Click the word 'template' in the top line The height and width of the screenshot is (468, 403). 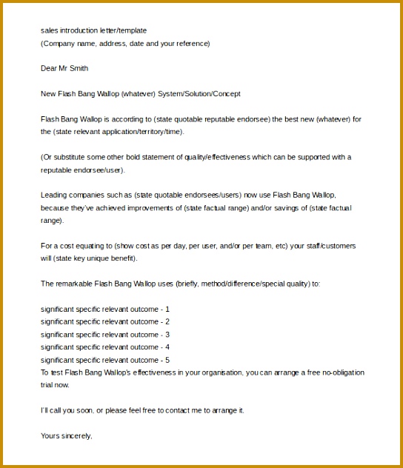pyautogui.click(x=133, y=30)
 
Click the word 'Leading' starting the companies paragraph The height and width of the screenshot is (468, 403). pyautogui.click(x=53, y=195)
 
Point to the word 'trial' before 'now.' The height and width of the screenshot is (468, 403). pyautogui.click(x=48, y=385)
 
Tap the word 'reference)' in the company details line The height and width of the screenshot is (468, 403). pyautogui.click(x=192, y=43)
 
